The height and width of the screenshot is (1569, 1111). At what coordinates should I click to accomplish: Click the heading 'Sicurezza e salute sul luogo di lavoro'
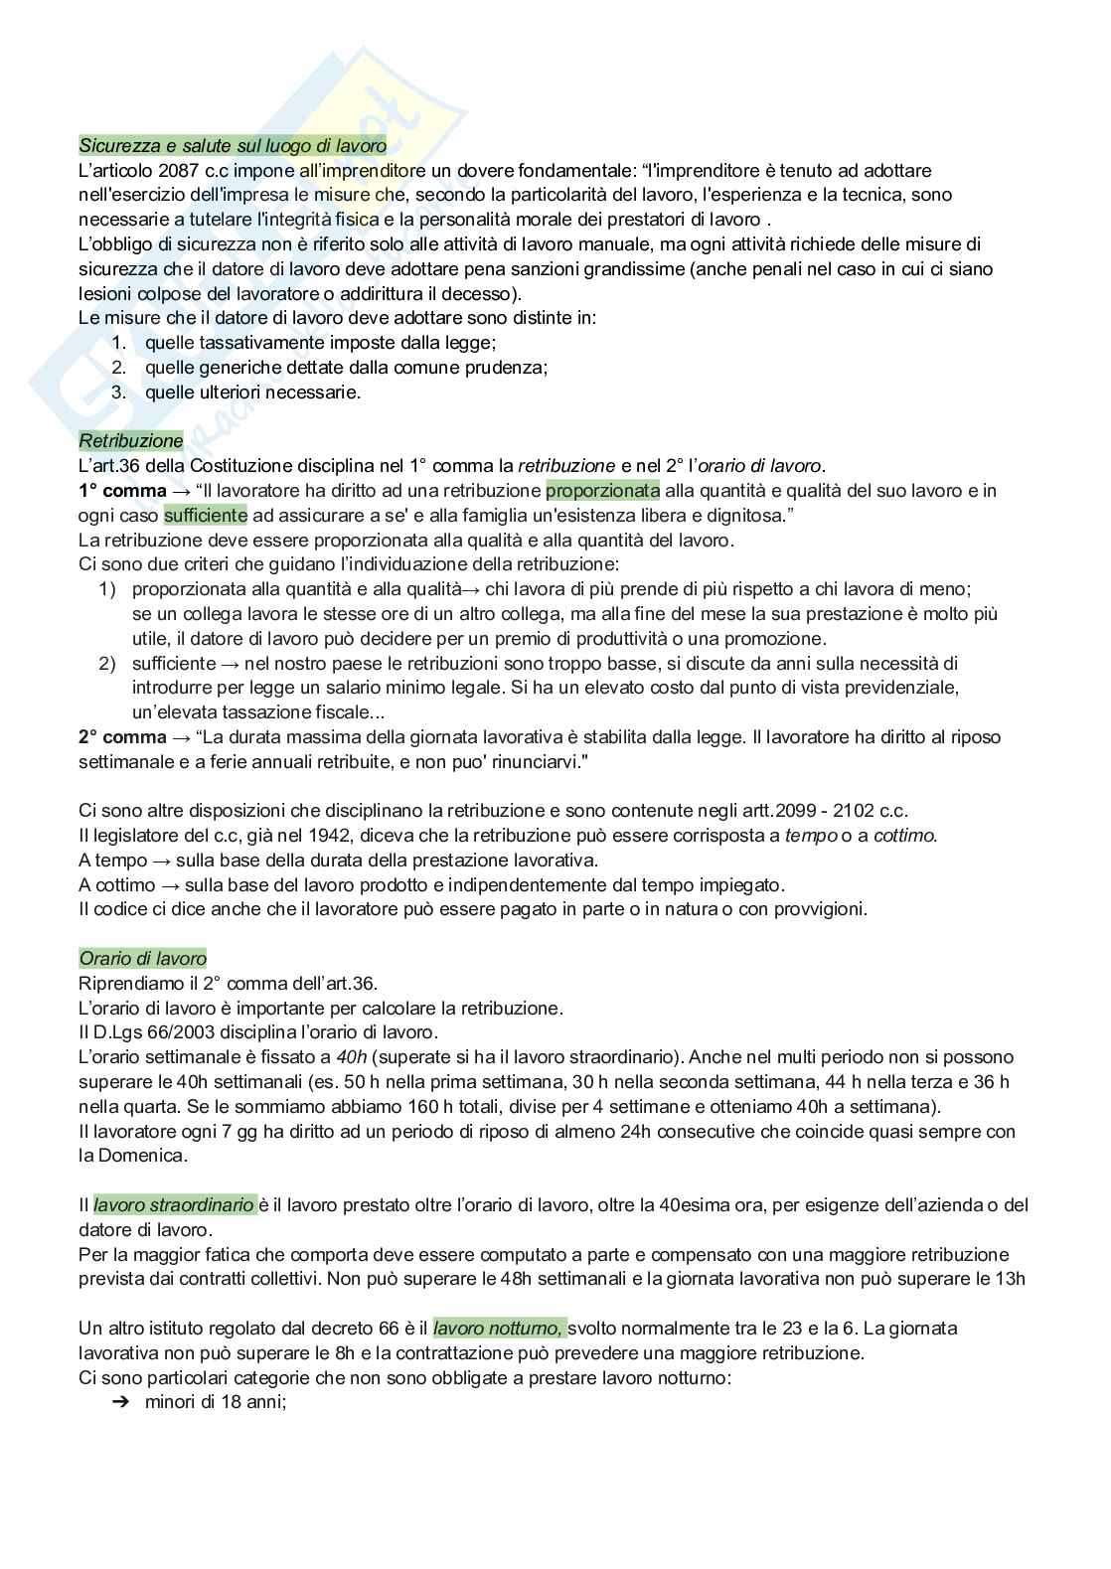233,146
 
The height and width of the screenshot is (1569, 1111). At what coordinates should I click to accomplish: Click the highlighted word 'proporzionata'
603,490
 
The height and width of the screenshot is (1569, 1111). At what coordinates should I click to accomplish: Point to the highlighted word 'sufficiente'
206,515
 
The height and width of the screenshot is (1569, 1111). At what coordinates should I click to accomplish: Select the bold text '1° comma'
123,490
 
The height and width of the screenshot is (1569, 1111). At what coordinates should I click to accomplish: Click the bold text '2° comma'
123,737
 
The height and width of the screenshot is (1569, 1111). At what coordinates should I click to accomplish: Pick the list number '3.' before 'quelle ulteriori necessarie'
119,392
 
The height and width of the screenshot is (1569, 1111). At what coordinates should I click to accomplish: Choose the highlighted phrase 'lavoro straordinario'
174,1204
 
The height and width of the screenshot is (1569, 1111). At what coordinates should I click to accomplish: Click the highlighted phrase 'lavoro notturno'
499,1328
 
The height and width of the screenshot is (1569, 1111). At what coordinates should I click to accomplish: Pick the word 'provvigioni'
818,909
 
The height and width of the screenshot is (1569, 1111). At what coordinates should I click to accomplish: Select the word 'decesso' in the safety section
484,293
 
